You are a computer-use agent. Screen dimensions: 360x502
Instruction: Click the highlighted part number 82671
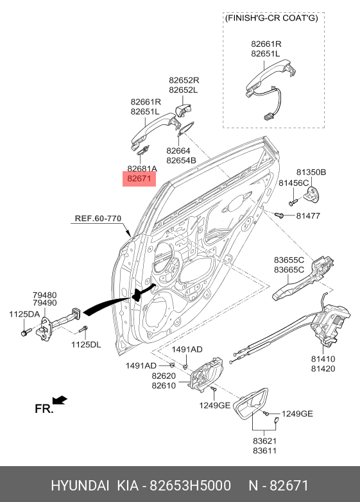click(x=139, y=178)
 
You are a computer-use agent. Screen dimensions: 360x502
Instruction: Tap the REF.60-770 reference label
click(x=98, y=219)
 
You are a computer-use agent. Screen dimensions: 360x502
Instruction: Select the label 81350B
click(x=311, y=172)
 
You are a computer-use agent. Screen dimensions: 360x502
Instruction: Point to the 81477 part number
click(x=308, y=216)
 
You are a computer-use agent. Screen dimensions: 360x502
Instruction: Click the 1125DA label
click(x=24, y=314)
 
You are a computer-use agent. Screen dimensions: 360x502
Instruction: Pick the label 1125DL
click(x=86, y=344)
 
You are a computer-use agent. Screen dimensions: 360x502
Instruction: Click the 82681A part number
click(x=142, y=169)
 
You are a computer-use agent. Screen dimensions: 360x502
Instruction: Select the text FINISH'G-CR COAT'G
click(x=271, y=17)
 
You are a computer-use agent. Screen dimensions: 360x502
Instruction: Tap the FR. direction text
click(x=44, y=409)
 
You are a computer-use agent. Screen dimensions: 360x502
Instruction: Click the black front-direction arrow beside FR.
click(x=60, y=400)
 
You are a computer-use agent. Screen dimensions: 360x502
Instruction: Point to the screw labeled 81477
click(x=279, y=215)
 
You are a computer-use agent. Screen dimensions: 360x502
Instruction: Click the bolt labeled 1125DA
click(x=26, y=331)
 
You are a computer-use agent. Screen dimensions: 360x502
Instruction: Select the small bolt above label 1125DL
click(x=83, y=329)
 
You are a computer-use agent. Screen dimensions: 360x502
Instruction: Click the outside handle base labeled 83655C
click(x=303, y=278)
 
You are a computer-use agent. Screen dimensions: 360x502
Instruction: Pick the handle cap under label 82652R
click(x=183, y=110)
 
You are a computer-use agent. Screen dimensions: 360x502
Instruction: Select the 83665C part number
click(x=289, y=270)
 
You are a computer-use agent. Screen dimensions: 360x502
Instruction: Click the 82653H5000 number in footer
click(x=191, y=485)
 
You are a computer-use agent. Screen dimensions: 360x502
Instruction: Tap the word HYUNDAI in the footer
click(x=80, y=485)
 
